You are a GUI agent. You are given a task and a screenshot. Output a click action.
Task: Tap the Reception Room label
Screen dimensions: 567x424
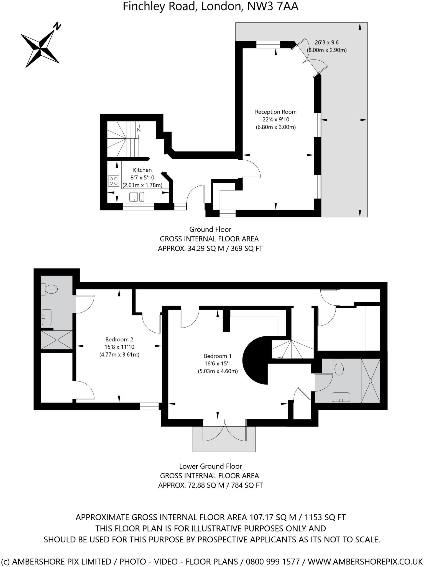coord(275,112)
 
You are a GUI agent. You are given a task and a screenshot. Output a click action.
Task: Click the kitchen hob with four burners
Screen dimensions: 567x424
coord(114,181)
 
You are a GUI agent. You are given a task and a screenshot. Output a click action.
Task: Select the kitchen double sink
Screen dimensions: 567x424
coord(137,197)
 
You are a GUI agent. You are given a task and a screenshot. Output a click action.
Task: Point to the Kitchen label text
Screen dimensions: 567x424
coord(142,170)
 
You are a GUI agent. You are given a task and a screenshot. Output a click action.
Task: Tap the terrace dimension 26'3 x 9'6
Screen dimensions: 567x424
coord(327,43)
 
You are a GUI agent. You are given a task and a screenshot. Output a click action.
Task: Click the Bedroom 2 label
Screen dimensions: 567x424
coord(119,339)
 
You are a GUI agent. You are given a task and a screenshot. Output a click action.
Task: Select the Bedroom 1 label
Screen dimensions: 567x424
coord(218,356)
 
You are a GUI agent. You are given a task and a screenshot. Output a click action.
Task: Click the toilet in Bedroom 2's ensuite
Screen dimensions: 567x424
coord(50,289)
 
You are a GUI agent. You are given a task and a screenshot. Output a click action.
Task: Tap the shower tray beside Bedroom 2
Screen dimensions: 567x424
coord(57,340)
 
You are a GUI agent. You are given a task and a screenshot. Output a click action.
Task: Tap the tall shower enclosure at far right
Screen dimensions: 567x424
coord(371,381)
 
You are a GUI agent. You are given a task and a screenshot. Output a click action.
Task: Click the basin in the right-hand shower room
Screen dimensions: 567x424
coord(341,397)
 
